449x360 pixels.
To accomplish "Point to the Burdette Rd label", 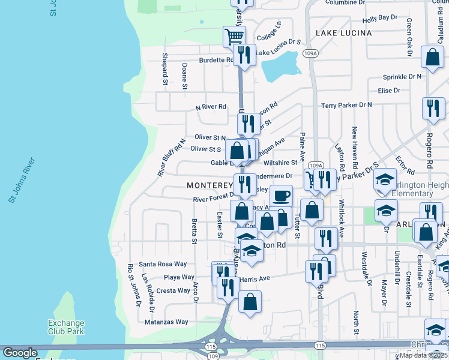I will point(216,60).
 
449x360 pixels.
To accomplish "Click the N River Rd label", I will point(211,107).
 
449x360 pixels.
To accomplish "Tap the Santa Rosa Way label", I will point(163,264).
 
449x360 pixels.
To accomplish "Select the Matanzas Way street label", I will point(167,322).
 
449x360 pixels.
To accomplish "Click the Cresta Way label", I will point(173,290).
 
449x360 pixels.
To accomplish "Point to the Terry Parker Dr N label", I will point(346,105).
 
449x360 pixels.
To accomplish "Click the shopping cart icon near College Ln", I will point(234,35).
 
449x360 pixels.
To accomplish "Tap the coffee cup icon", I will point(281,195).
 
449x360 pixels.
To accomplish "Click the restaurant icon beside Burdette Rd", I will point(244,55).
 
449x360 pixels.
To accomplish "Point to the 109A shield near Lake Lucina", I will point(310,54).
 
